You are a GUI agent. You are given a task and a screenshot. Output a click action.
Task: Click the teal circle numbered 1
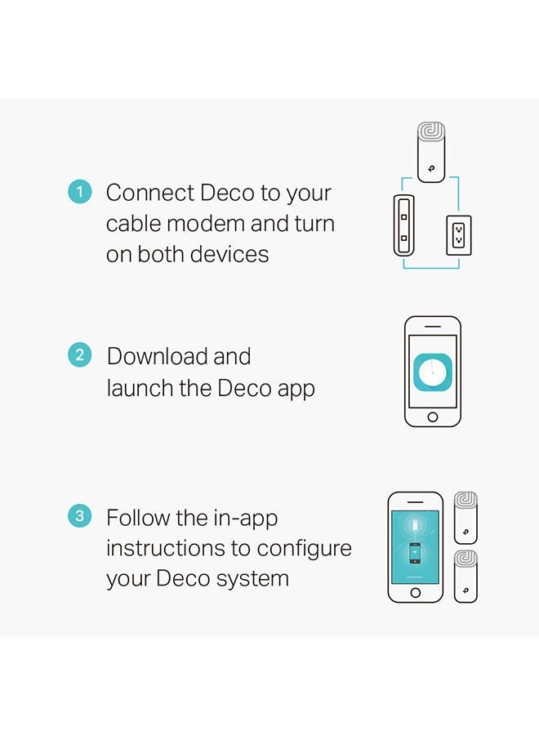[79, 193]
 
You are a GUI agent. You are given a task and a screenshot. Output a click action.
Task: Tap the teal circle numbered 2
[79, 355]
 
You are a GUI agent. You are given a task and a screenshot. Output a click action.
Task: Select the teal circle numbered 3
[79, 516]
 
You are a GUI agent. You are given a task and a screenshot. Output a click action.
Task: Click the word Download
[157, 356]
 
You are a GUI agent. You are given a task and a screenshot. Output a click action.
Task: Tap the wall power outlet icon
[457, 236]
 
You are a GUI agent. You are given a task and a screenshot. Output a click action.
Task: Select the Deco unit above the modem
[430, 152]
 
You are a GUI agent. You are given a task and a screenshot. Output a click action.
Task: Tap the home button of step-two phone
[432, 417]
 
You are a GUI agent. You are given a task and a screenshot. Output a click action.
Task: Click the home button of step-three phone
[415, 593]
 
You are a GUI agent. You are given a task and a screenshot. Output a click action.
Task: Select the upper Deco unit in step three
[465, 518]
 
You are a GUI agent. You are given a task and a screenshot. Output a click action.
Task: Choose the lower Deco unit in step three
[465, 577]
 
